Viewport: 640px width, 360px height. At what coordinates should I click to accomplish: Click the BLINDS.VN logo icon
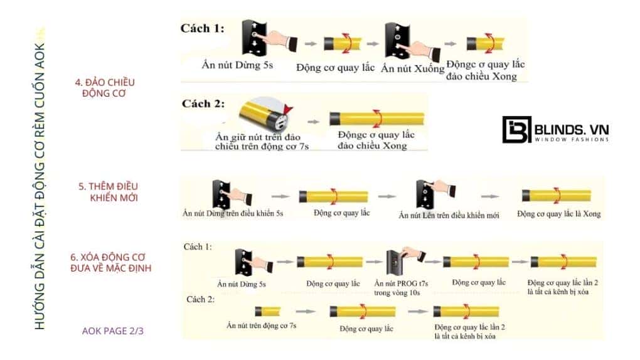pos(516,130)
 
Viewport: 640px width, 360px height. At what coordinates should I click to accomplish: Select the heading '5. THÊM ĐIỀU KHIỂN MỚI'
pos(109,192)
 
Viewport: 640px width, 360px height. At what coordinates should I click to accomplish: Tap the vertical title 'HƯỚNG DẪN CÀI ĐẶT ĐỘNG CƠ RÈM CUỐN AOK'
pos(40,182)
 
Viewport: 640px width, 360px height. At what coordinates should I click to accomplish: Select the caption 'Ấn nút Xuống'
pos(412,67)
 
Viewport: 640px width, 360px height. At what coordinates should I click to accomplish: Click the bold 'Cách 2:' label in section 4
pos(202,103)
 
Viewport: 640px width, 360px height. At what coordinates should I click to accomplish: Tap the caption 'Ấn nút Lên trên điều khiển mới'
pos(449,215)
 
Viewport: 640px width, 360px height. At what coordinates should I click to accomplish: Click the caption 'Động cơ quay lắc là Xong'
pos(558,214)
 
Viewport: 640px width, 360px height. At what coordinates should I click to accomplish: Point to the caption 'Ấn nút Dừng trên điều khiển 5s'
pos(233,214)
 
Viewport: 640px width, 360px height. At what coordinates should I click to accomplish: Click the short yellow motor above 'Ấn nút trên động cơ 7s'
pos(268,310)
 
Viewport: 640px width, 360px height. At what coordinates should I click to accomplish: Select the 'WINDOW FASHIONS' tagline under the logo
pos(570,139)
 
